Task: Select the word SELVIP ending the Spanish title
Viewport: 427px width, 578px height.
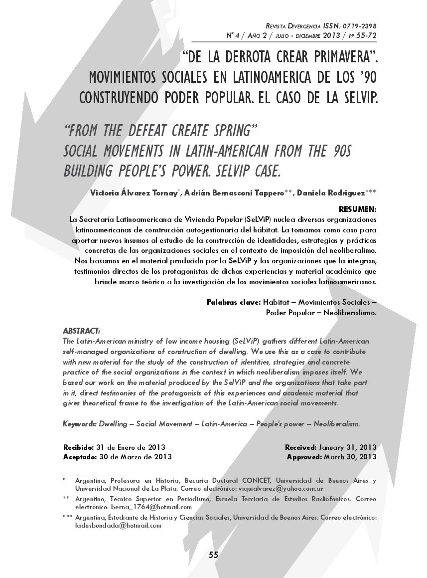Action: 356,97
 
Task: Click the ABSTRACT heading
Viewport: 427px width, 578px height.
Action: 81,331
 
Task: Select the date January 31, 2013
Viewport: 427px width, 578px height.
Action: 348,447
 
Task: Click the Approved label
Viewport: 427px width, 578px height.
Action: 304,457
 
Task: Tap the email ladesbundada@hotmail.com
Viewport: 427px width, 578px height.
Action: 119,525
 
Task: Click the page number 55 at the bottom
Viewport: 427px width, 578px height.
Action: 214,555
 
